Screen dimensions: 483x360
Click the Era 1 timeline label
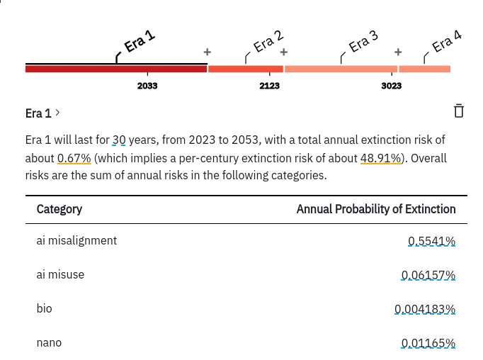[x=140, y=42]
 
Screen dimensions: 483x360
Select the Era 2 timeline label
[x=268, y=42]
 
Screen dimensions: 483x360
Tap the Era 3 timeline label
[x=363, y=42]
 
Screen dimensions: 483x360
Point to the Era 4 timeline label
[x=447, y=42]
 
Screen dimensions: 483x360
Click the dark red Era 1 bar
[x=116, y=69]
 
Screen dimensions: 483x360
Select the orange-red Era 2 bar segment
[x=246, y=69]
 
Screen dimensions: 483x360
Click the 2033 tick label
[x=147, y=86]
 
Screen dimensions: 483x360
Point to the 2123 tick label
[x=270, y=86]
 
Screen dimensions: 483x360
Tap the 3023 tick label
[x=392, y=86]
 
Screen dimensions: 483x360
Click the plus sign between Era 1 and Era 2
[x=208, y=52]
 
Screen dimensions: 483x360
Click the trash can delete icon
[x=459, y=111]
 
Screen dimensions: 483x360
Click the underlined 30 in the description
[x=119, y=140]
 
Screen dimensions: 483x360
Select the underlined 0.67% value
[x=74, y=158]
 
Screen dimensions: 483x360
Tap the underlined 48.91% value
[x=381, y=158]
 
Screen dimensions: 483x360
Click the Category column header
[x=59, y=209]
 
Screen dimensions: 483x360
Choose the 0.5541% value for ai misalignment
[x=431, y=241]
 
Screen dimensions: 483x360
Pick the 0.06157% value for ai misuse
[x=428, y=275]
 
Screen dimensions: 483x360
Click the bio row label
[x=45, y=308]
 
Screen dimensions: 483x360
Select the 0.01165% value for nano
[x=428, y=343]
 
